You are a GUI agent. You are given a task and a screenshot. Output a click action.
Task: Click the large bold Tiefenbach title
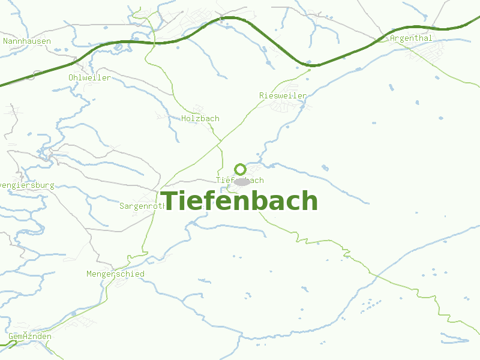[x=240, y=200]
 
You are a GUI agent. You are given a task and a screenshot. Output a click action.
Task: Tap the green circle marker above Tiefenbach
[x=241, y=169]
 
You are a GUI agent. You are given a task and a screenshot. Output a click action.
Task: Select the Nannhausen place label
[x=27, y=41]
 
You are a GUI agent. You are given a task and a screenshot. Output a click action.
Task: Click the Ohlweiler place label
[x=89, y=78]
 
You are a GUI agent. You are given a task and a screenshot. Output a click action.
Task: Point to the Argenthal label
[x=411, y=38]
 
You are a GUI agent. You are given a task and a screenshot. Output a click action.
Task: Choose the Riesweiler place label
[x=283, y=96]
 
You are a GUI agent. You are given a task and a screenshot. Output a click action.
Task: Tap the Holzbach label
[x=200, y=119]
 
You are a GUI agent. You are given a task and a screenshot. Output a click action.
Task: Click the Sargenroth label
[x=143, y=206]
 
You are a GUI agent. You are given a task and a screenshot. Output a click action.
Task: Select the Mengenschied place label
[x=115, y=274]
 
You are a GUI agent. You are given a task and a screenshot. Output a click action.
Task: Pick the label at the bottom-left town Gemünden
[x=30, y=337]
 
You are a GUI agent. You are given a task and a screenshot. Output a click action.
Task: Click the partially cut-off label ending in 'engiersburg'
[x=26, y=185]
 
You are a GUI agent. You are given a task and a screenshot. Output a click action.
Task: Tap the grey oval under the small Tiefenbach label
[x=242, y=181]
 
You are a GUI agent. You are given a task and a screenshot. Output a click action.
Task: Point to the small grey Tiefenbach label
[x=239, y=180]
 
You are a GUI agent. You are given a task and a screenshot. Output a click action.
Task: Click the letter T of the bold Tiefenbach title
[x=169, y=200]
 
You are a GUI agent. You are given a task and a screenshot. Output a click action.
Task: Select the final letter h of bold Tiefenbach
[x=309, y=200]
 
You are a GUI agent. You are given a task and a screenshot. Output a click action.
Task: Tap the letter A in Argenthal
[x=393, y=38]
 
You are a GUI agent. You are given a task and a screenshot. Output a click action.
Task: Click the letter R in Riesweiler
[x=262, y=96]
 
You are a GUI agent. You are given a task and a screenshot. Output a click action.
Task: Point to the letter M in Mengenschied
[x=89, y=274]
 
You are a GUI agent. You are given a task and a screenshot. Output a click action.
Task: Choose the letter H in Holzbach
[x=184, y=119]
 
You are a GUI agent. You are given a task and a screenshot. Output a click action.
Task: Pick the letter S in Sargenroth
[x=122, y=206]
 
